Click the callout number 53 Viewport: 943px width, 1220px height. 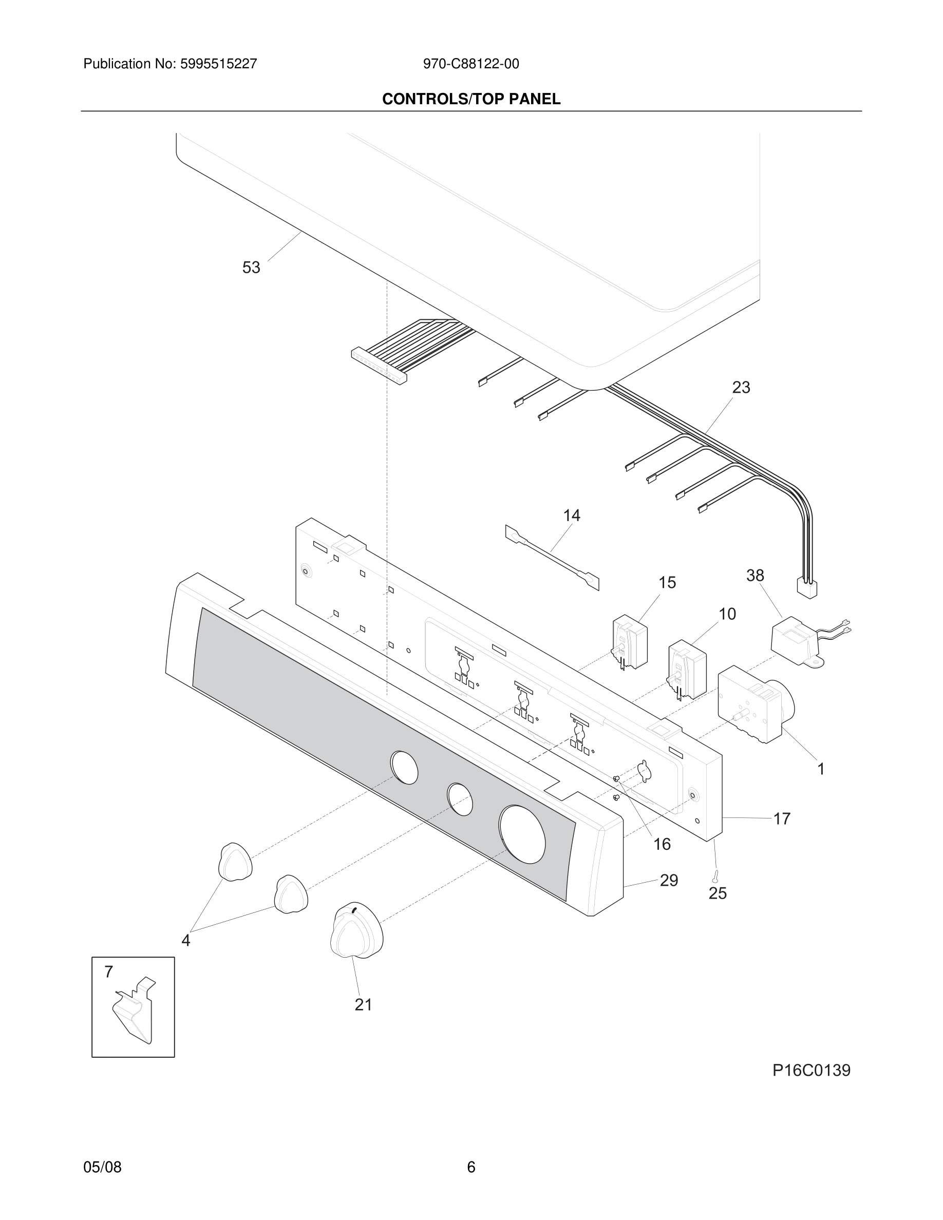pos(251,268)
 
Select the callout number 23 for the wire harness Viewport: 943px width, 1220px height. pos(741,387)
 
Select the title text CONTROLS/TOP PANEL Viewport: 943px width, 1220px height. pos(471,100)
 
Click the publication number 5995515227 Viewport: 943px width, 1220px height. pos(218,64)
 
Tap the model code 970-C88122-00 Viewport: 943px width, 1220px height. pos(471,64)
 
